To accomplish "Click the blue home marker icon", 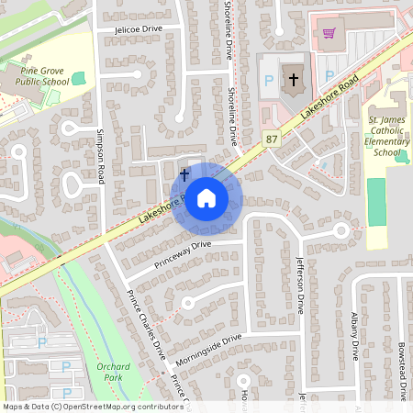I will tap(206, 196).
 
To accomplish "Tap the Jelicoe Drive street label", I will tap(138, 29).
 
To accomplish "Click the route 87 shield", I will tap(271, 139).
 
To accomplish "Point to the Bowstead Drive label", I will tap(401, 372).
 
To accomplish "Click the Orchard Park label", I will tap(113, 371).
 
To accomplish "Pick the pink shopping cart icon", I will tap(329, 33).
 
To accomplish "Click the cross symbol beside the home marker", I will tap(184, 173).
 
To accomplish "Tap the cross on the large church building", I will tap(294, 79).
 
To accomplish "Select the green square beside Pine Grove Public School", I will tap(77, 78).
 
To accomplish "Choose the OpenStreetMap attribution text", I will tap(92, 406).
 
